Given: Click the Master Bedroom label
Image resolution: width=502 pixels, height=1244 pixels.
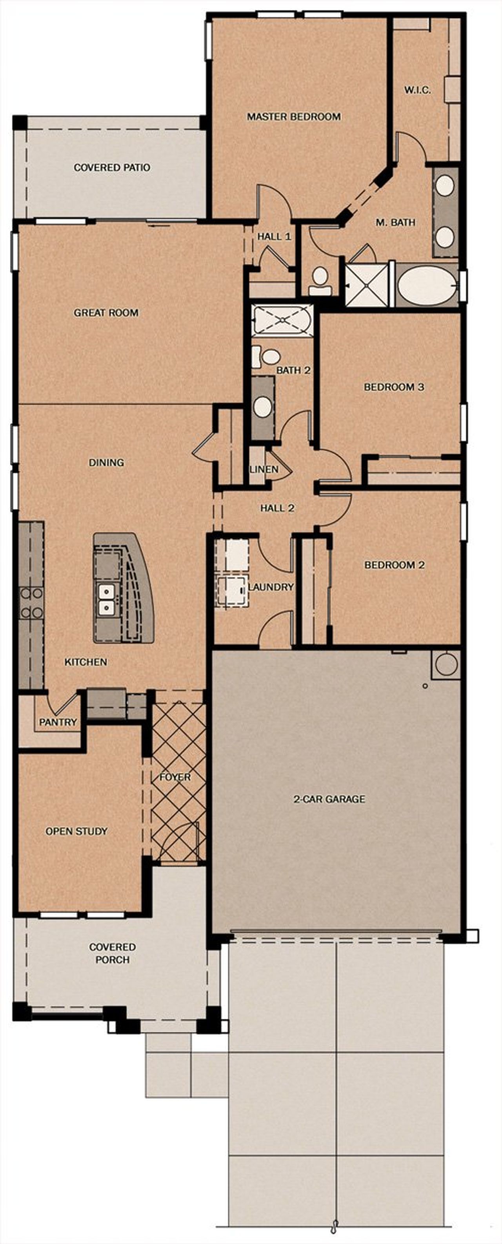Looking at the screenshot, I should click(294, 116).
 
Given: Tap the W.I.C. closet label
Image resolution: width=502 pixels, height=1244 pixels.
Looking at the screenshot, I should click(417, 90).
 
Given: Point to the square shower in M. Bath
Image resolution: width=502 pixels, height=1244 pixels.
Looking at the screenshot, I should click(367, 285).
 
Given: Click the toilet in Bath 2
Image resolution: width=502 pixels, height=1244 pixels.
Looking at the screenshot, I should click(267, 357).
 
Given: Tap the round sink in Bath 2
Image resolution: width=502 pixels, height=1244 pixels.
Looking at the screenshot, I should click(263, 407).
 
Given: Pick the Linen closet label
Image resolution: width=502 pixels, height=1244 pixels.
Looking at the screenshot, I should click(264, 469).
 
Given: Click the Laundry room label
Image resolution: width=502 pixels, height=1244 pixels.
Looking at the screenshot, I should click(271, 587).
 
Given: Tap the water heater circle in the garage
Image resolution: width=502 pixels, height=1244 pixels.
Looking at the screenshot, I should click(446, 664).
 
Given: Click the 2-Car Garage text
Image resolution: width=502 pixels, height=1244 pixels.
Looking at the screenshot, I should click(329, 799).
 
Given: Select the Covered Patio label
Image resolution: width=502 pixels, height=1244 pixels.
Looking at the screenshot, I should click(112, 167).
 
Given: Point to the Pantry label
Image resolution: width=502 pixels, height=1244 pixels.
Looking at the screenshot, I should click(58, 722).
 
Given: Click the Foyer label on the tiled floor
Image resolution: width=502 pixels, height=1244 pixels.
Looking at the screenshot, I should click(175, 777).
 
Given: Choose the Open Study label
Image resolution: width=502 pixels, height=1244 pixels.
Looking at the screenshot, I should click(76, 831).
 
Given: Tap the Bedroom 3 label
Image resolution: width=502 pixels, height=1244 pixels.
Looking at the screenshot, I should click(394, 387).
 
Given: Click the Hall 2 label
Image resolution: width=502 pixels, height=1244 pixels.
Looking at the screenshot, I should click(277, 508).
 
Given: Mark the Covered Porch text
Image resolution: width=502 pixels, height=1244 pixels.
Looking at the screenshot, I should click(112, 953).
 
